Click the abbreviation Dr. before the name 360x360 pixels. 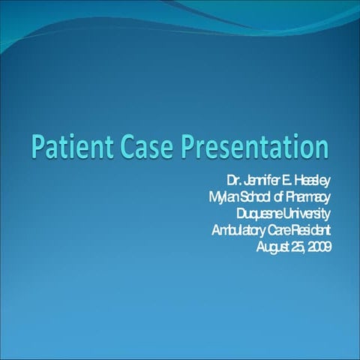(234, 181)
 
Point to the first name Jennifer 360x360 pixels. (261, 181)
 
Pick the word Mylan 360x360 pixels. (222, 198)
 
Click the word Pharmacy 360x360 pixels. (308, 198)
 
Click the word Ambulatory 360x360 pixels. (239, 231)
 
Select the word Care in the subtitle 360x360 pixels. (279, 230)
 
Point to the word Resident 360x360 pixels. (310, 230)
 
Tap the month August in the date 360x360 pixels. (272, 247)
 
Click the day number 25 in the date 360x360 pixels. (298, 247)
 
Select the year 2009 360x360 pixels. (319, 247)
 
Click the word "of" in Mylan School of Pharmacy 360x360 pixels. (278, 197)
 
